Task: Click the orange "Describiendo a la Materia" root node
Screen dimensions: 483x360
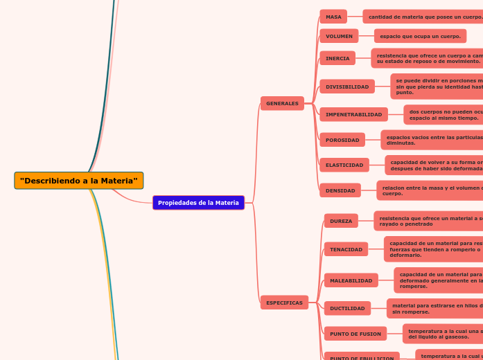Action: click(78, 181)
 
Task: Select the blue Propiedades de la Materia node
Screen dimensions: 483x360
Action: click(198, 203)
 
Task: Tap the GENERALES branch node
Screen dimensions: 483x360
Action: click(282, 103)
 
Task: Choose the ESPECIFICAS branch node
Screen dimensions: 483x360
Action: click(284, 303)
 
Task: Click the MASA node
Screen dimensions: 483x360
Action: click(333, 17)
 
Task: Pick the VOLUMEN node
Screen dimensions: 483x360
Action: click(339, 36)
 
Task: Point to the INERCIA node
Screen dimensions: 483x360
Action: click(337, 58)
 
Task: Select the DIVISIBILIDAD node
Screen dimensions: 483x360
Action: click(347, 87)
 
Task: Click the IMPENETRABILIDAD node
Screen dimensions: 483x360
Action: click(353, 114)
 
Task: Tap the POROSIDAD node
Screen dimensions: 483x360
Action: click(342, 140)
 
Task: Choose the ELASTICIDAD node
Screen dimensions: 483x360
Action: click(344, 165)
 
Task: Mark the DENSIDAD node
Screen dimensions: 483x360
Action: click(340, 190)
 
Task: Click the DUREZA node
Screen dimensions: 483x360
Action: click(341, 221)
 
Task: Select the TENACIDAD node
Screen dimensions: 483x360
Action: click(346, 249)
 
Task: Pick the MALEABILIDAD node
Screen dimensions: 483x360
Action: click(351, 280)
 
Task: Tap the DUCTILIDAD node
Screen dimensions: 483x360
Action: click(347, 308)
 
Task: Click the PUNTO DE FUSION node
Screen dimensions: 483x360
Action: click(355, 334)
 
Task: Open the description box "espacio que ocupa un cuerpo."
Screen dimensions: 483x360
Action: click(420, 36)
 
